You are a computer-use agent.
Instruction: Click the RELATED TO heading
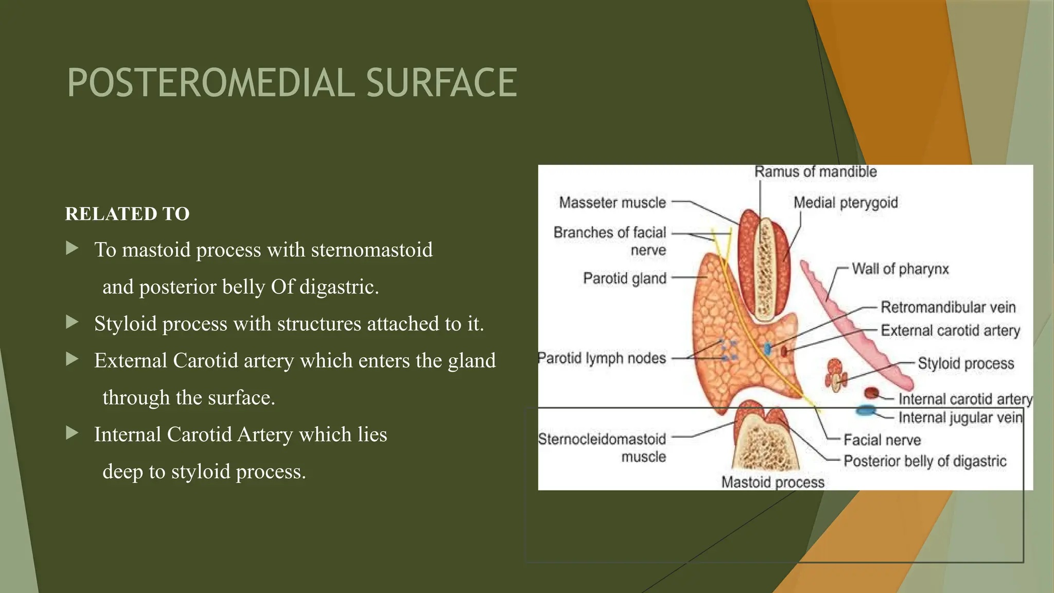127,214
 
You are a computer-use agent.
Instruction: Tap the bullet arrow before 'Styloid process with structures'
73,323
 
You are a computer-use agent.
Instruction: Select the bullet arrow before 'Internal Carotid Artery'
73,433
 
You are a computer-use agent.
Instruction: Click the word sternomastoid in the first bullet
372,250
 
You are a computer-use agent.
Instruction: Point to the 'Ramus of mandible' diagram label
815,171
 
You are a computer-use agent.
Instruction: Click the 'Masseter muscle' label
612,202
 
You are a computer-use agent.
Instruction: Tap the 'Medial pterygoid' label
845,202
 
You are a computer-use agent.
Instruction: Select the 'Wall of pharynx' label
900,269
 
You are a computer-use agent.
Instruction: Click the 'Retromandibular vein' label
948,307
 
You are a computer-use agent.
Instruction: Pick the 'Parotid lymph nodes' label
602,358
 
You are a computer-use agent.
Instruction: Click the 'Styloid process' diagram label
965,363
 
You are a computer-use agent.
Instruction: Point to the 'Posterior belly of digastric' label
925,461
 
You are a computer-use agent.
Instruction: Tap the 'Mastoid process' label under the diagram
772,482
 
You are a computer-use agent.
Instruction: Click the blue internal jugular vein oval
866,410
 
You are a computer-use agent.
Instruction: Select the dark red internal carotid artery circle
871,393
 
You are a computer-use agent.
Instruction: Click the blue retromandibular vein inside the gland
767,348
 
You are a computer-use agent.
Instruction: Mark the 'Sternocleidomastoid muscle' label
602,447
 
